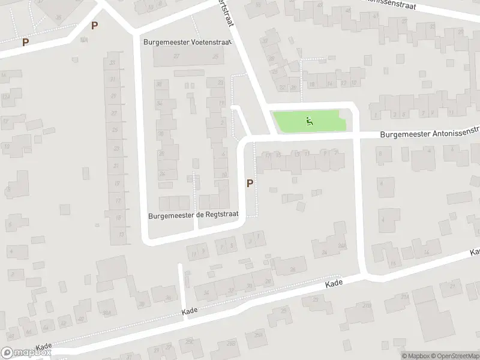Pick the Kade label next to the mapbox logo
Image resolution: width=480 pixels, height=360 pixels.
click(x=44, y=347)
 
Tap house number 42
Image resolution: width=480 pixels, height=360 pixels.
click(x=63, y=323)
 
